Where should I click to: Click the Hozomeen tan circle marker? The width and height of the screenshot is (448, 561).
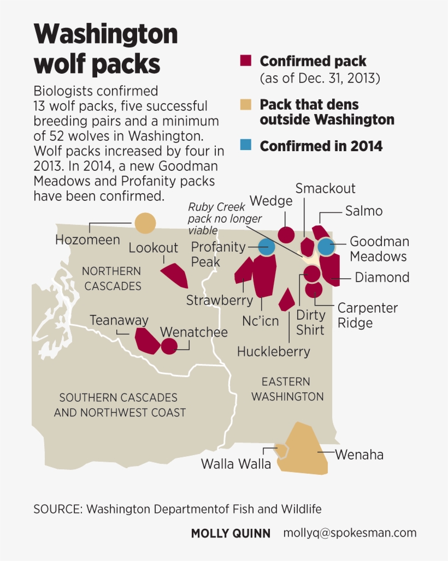click(145, 223)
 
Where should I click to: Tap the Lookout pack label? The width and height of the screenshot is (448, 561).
click(154, 248)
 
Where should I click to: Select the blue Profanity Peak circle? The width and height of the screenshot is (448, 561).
click(267, 247)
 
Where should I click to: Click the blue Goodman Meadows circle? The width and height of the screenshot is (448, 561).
click(326, 247)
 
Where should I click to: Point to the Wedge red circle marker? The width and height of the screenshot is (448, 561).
click(286, 235)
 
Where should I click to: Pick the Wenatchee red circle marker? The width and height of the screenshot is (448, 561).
click(169, 346)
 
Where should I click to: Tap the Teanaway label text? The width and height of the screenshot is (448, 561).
click(119, 320)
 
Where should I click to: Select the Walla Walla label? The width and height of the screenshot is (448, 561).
click(236, 464)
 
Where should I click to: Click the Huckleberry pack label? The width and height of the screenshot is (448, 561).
click(273, 351)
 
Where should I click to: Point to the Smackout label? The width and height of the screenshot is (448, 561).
click(326, 188)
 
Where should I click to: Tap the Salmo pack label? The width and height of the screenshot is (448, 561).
click(363, 211)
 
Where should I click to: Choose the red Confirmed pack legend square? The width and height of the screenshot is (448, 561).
click(245, 61)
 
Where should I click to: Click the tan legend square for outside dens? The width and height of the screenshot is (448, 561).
click(245, 104)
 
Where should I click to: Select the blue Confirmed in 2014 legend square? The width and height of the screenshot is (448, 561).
click(245, 146)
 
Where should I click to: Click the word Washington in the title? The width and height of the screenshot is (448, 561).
click(106, 35)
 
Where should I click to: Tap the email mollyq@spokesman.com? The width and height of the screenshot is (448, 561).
click(350, 533)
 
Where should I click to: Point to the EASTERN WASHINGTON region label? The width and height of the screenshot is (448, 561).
click(288, 389)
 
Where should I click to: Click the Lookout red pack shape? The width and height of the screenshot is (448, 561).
click(175, 275)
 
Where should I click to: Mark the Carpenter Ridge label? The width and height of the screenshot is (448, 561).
click(367, 315)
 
